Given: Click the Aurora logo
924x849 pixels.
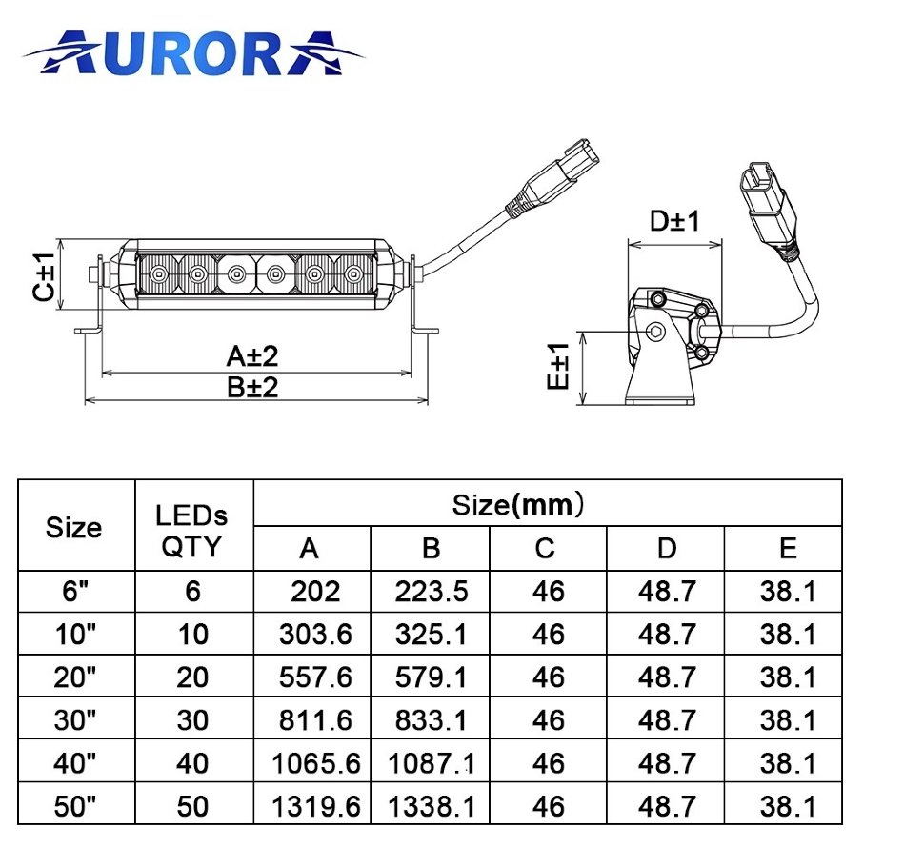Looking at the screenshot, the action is pos(193,52).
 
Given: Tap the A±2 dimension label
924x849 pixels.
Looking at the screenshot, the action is pos(252,356).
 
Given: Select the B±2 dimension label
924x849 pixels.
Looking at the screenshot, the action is pos(252,388).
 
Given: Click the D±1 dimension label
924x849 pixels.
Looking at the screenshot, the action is pos(674,221).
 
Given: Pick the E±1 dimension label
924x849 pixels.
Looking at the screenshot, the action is pos(558,366).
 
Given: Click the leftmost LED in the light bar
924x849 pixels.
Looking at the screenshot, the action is pos(158,274).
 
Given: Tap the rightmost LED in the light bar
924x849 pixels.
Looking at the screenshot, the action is pos(353,274).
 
